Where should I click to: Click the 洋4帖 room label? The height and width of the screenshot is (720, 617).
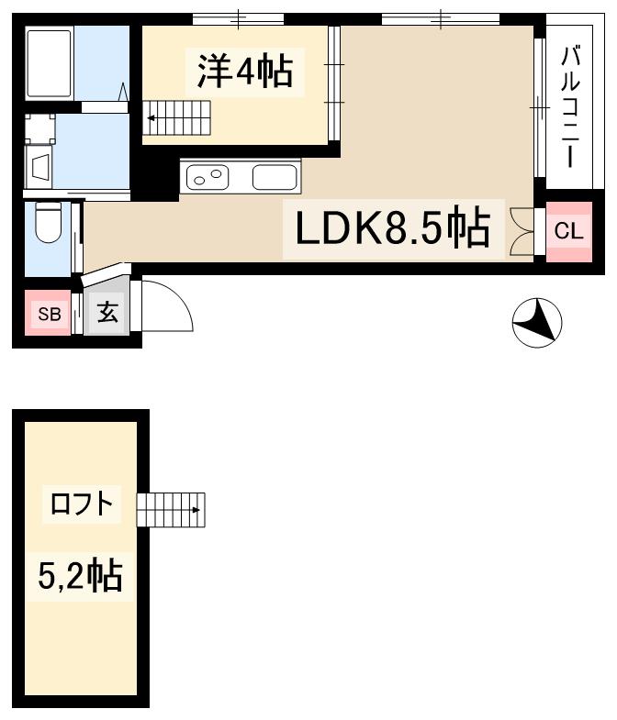pos(241,71)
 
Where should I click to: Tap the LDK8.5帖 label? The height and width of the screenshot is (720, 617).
pos(391,228)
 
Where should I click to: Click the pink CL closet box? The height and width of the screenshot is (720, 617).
pos(569,231)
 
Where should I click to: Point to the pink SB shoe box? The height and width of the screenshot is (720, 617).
pos(49,315)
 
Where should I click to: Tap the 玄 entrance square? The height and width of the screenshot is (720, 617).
pos(107,314)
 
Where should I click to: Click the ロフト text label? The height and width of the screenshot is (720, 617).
pos(82,504)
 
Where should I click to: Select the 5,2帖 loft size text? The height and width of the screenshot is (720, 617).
pos(81,575)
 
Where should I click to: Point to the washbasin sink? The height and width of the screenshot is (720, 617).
pos(41,168)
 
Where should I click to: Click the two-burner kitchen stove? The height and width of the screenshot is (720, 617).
pos(208,176)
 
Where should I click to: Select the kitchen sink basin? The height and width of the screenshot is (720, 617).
pos(275,176)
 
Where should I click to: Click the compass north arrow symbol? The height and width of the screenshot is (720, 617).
pos(537,323)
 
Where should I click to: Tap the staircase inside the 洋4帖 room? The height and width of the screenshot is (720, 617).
pos(180,117)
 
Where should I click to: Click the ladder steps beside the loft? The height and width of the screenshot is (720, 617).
pos(171,509)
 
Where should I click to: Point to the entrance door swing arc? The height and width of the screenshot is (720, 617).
pos(166,305)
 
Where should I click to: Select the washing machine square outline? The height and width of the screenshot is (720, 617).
pos(40,128)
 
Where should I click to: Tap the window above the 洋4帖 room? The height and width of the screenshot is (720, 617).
pos(239,18)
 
